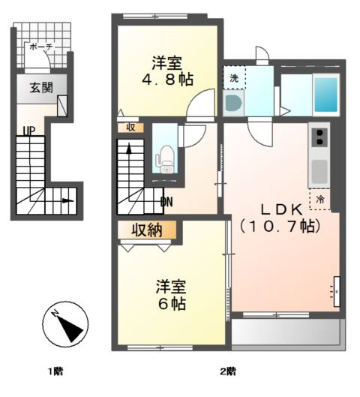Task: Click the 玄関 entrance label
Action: pyautogui.click(x=41, y=87)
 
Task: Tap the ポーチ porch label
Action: pyautogui.click(x=40, y=47)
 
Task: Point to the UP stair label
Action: pyautogui.click(x=28, y=131)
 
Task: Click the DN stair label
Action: pyautogui.click(x=167, y=201)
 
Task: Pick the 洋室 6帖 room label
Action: pyautogui.click(x=171, y=295)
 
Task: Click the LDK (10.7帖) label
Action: pyautogui.click(x=281, y=216)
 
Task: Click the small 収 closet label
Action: pyautogui.click(x=130, y=127)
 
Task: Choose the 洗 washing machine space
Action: pyautogui.click(x=233, y=77)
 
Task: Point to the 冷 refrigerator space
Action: pyautogui.click(x=320, y=199)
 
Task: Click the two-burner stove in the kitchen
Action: pyautogui.click(x=319, y=137)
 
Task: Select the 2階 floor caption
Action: pyautogui.click(x=226, y=371)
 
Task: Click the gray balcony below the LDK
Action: pyautogui.click(x=285, y=331)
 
